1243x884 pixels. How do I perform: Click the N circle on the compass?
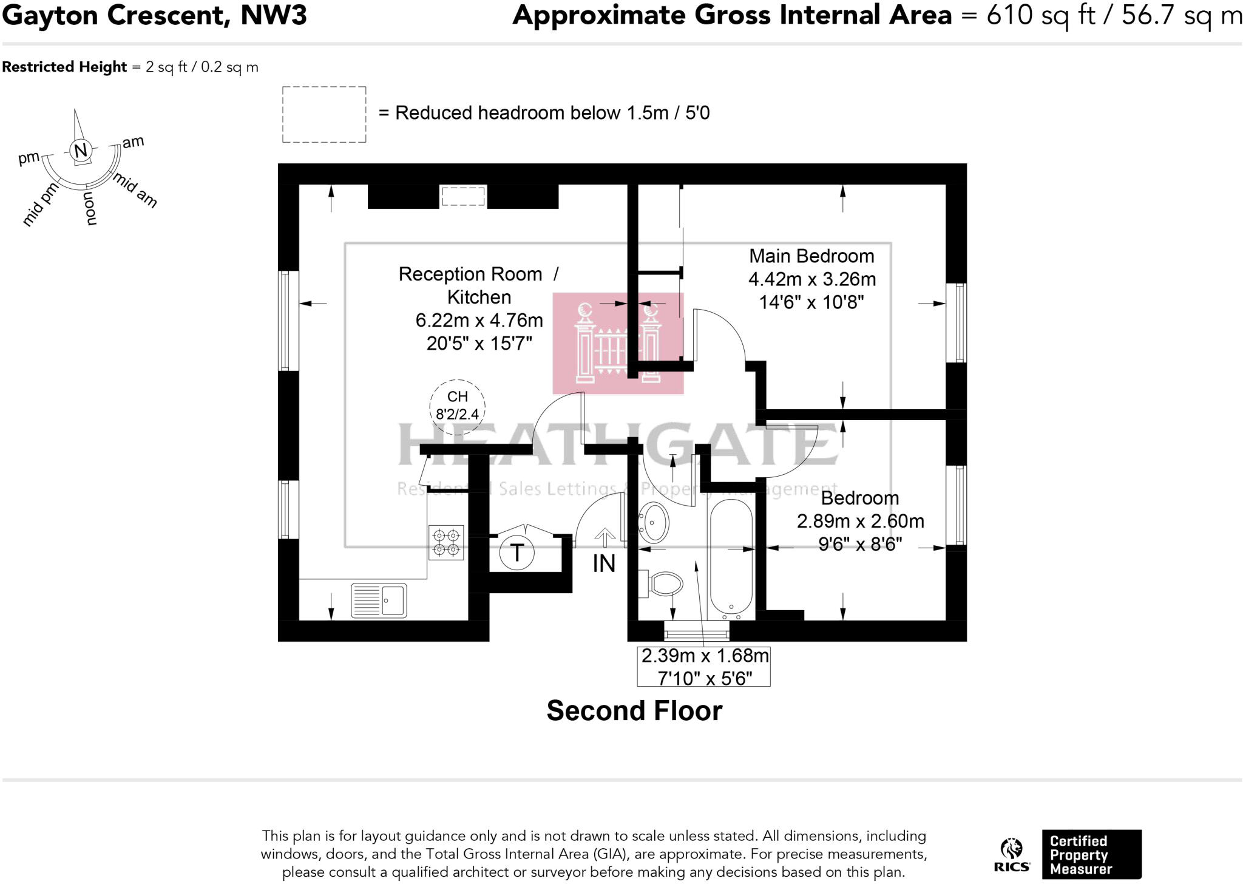[80, 151]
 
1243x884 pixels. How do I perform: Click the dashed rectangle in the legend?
[324, 115]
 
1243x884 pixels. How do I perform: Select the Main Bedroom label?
[811, 256]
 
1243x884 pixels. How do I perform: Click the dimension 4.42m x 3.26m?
[811, 279]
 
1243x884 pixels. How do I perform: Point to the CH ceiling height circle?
[457, 406]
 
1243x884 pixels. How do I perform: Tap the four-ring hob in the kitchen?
[446, 543]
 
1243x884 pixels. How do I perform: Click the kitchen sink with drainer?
[379, 600]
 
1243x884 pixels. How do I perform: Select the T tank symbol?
[517, 553]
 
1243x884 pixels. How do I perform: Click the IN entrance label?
[604, 564]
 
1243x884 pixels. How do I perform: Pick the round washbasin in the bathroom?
[654, 522]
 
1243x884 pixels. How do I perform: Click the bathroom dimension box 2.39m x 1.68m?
[704, 667]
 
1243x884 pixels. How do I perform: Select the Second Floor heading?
[634, 710]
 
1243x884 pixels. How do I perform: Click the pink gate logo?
[618, 344]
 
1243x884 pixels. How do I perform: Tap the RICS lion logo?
[1012, 855]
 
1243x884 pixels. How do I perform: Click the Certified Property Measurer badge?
[1091, 854]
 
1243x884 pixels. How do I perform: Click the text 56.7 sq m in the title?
[1180, 16]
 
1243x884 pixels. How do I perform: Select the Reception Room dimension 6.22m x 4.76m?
[479, 321]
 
